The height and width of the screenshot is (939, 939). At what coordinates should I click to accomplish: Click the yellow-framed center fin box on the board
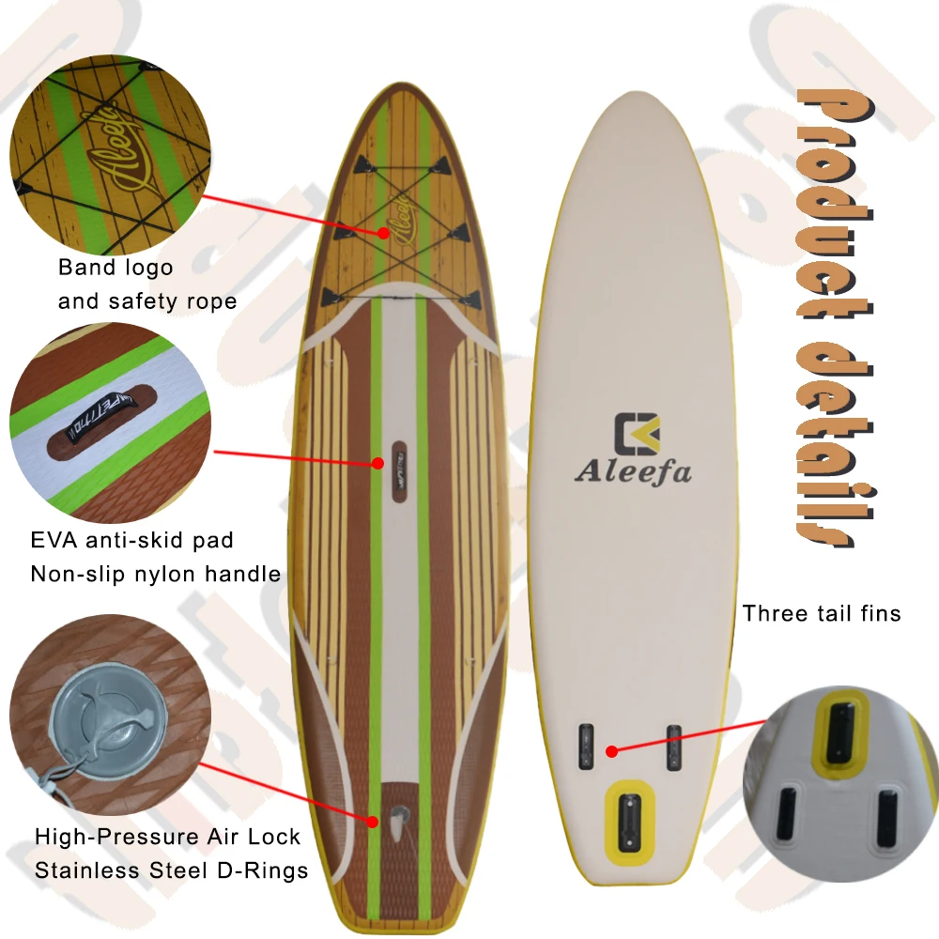[628, 809]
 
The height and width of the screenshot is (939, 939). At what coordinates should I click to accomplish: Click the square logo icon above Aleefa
[637, 433]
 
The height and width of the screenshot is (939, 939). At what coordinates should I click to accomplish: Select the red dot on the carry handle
[377, 462]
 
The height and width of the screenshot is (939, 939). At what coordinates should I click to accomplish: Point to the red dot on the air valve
[373, 821]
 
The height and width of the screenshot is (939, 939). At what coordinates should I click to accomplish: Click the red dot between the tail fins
[611, 750]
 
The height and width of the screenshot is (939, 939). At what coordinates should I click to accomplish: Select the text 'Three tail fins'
[822, 613]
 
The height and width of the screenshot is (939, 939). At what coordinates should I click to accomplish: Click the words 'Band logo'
[115, 267]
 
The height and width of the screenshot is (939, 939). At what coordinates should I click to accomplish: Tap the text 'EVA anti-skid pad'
[131, 541]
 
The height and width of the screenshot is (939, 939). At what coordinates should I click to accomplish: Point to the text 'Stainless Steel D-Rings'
[171, 870]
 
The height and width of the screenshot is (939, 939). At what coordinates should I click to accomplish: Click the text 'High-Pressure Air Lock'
[167, 837]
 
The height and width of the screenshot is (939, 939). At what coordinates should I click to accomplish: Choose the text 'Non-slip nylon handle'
[155, 574]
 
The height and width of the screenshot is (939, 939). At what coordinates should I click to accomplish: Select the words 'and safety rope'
[146, 301]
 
